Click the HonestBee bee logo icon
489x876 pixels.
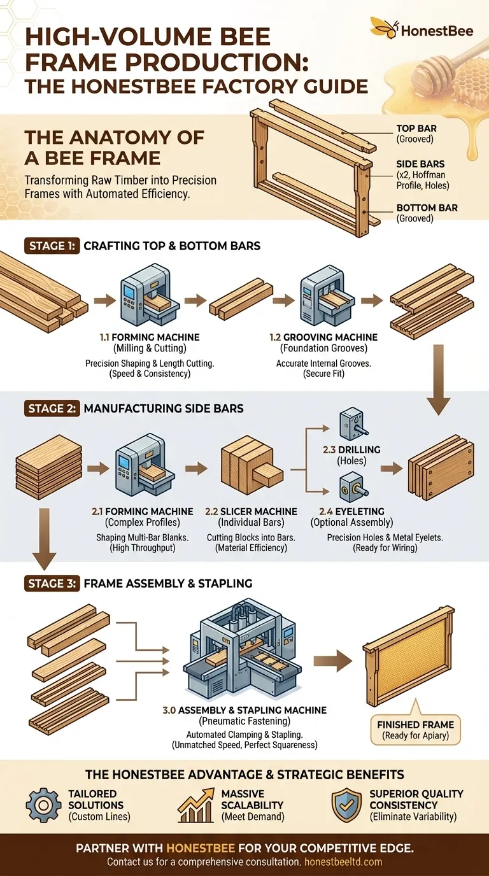381,27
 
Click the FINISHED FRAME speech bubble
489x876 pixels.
415,730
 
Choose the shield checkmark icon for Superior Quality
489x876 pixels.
346,805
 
